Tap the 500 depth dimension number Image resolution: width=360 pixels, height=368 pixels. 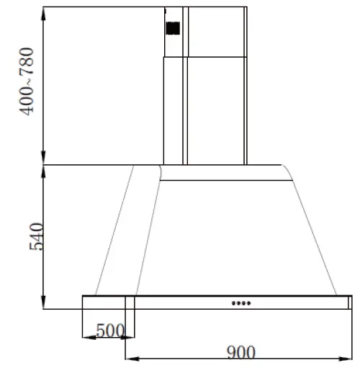pos(110,331)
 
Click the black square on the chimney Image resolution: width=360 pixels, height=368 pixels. pos(173,28)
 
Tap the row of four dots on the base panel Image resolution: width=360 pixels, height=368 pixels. pos(241,302)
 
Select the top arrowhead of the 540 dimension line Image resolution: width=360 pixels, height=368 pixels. pos(45,170)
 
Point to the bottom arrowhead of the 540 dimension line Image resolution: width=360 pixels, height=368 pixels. pos(45,305)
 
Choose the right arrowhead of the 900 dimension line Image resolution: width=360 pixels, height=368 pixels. pos(348,357)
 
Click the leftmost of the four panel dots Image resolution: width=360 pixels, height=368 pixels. pos(233,302)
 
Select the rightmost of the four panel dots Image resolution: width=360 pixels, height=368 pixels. pos(249,302)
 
